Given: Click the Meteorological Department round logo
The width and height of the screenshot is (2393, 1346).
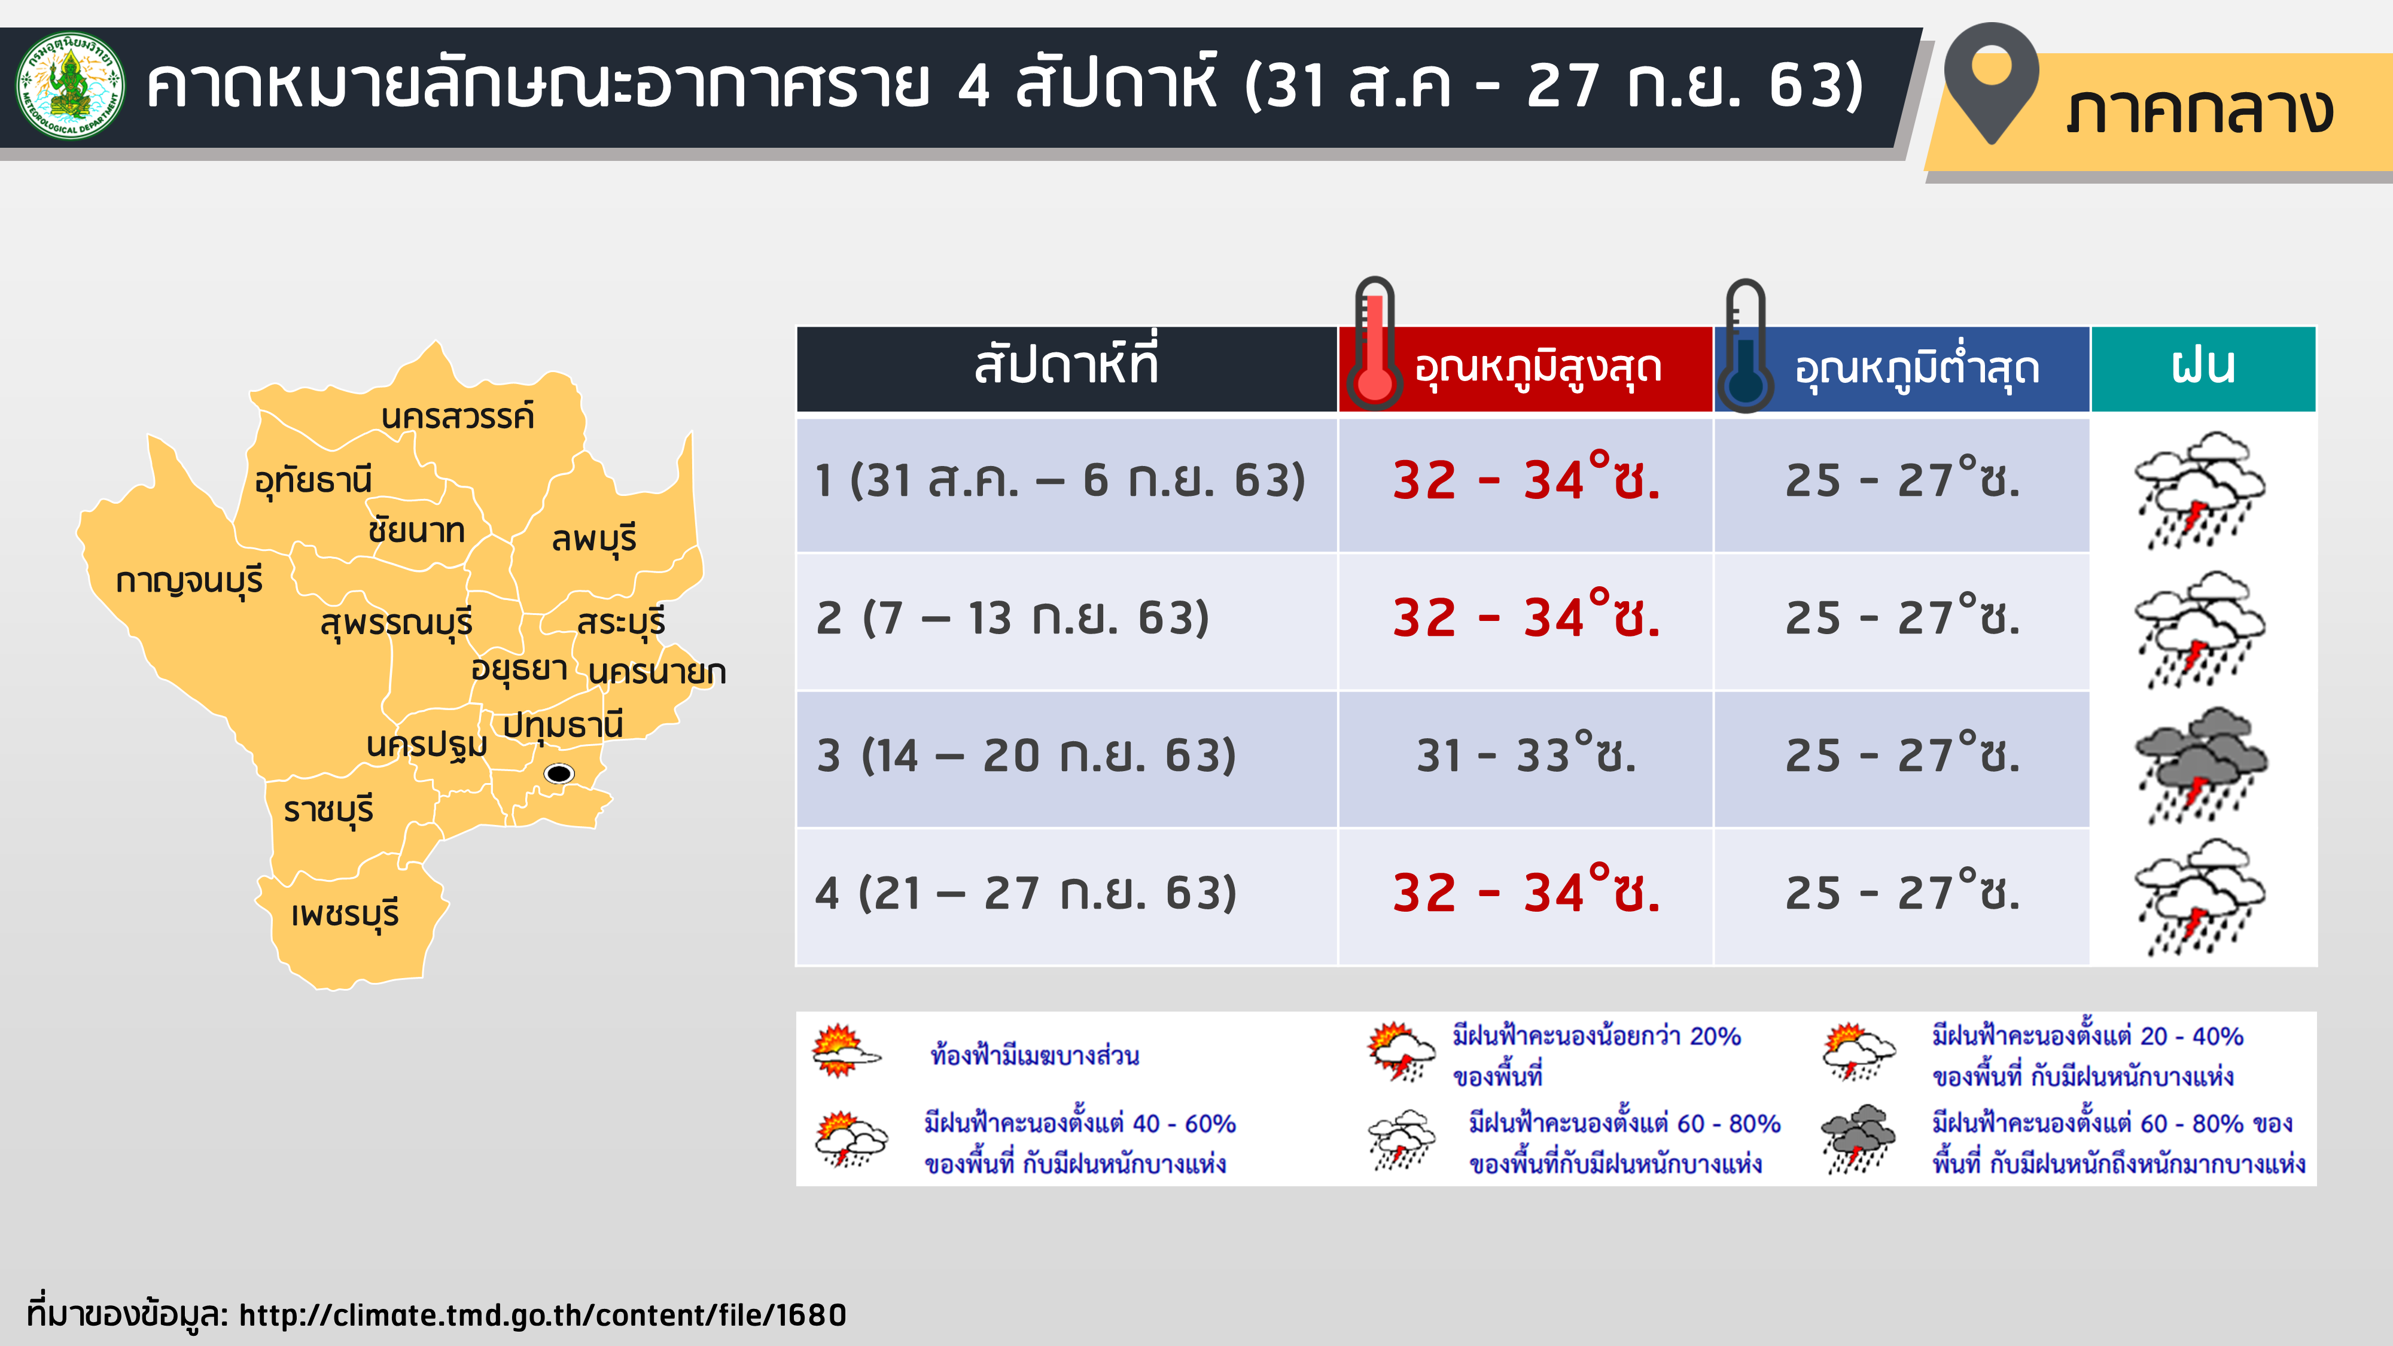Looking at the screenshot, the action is pyautogui.click(x=71, y=86).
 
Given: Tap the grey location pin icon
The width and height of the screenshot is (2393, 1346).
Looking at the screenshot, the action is pyautogui.click(x=1991, y=82).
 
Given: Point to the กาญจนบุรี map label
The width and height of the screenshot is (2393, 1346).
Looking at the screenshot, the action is pyautogui.click(x=190, y=580).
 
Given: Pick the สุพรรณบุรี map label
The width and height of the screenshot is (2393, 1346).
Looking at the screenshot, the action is pyautogui.click(x=397, y=622).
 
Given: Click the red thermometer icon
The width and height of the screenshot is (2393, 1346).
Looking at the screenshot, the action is pyautogui.click(x=1375, y=344).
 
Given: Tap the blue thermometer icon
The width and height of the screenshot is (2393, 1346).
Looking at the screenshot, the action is pyautogui.click(x=1746, y=346).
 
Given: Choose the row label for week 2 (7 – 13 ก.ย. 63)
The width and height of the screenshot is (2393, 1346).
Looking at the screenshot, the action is pyautogui.click(x=1013, y=619).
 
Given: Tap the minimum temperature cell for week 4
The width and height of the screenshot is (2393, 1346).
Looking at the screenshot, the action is pyautogui.click(x=1902, y=893).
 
